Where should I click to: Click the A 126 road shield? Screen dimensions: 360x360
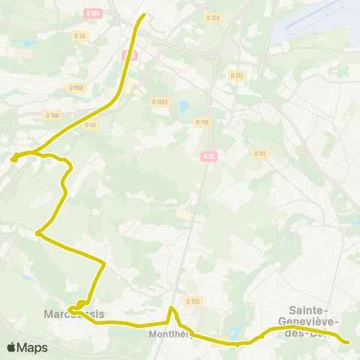pyautogui.click(x=93, y=13)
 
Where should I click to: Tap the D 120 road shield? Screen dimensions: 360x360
pyautogui.click(x=213, y=17)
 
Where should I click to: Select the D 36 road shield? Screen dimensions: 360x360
pyautogui.click(x=80, y=35)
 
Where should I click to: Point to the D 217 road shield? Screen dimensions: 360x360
pyautogui.click(x=237, y=76)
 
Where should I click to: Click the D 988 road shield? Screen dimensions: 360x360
pyautogui.click(x=76, y=88)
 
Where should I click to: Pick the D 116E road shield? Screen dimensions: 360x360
pyautogui.click(x=159, y=101)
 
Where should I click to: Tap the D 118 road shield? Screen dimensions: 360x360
pyautogui.click(x=201, y=121)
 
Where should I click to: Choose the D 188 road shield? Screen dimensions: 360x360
pyautogui.click(x=52, y=115)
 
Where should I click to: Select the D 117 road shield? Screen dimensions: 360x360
pyautogui.click(x=260, y=154)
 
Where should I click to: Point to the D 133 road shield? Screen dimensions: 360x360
pyautogui.click(x=193, y=301)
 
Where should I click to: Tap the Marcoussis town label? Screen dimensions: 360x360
pyautogui.click(x=74, y=313)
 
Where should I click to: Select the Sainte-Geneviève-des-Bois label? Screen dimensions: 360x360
pyautogui.click(x=313, y=321)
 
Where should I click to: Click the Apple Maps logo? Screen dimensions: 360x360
pyautogui.click(x=27, y=347)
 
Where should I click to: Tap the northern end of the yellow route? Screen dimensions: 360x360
pyautogui.click(x=143, y=14)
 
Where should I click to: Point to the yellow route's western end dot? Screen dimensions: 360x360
pyautogui.click(x=13, y=158)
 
